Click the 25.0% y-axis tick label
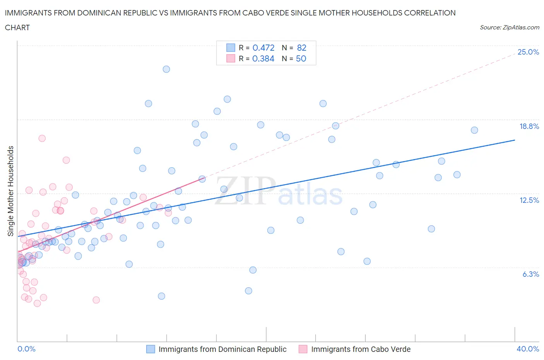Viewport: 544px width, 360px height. [x=528, y=52]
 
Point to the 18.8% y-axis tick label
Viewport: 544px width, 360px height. [x=529, y=126]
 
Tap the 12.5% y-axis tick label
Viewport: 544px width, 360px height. [x=529, y=200]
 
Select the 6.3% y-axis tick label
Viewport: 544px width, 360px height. [x=530, y=274]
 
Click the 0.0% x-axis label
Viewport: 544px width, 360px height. [x=26, y=349]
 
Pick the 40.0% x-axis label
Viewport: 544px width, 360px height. [x=528, y=349]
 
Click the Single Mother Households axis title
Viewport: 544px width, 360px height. [x=11, y=191]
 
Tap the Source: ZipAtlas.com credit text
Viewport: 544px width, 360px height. [x=509, y=27]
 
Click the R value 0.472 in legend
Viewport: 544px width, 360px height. [x=263, y=48]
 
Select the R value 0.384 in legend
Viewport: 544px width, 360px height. [x=263, y=58]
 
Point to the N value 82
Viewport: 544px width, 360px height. [x=301, y=48]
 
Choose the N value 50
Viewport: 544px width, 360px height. [x=301, y=58]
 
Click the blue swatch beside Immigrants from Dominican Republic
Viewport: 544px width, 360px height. [x=151, y=349]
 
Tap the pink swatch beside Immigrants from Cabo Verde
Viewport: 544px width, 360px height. [x=303, y=349]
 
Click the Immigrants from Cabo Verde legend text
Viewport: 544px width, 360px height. [x=361, y=349]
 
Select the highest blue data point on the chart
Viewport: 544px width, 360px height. [x=166, y=69]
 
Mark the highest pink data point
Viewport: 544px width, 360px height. [x=42, y=138]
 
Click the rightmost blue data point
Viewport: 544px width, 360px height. [x=474, y=130]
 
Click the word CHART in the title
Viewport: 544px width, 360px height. [x=17, y=27]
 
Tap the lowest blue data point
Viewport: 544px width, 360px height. [x=162, y=296]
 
